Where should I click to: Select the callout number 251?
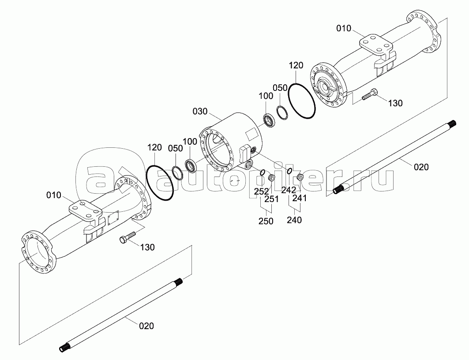[271, 199]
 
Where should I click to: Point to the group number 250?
[266, 221]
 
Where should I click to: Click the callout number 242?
[289, 190]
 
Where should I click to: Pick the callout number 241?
[300, 198]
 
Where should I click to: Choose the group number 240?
[294, 220]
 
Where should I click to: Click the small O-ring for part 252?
[262, 172]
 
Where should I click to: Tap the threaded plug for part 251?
[272, 178]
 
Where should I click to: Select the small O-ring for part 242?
[289, 171]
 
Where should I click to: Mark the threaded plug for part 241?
[300, 177]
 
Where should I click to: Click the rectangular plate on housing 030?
[250, 134]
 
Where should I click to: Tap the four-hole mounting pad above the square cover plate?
[84, 211]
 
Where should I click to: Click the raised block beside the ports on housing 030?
[244, 155]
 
